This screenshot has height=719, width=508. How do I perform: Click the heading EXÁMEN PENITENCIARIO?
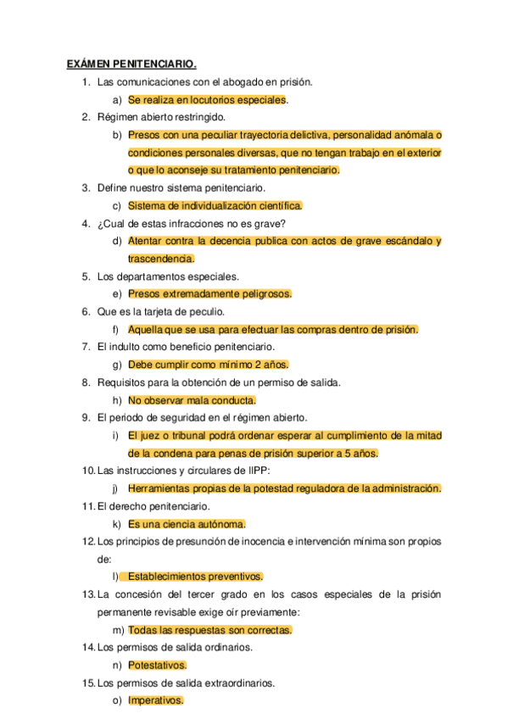131,64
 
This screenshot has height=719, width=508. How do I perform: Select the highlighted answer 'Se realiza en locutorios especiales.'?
208,100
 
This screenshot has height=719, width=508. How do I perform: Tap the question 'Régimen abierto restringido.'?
161,117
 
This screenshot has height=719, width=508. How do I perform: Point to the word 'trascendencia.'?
161,259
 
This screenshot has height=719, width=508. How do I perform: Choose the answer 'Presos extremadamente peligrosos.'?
210,293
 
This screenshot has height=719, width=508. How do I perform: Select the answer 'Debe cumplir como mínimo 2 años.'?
209,365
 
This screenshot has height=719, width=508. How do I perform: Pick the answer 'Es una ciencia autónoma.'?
187,524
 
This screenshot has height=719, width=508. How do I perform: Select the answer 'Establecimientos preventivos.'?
195,577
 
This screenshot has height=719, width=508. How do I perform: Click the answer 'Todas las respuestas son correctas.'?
210,630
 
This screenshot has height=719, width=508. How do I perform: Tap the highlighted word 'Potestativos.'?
158,666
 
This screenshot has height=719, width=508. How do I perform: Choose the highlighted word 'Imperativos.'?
156,701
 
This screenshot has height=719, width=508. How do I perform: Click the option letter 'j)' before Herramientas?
115,488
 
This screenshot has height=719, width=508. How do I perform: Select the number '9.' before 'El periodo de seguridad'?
87,417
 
